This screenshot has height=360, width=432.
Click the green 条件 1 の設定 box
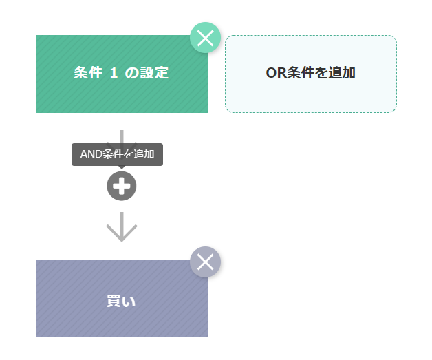[121, 74]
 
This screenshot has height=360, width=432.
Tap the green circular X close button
[205, 38]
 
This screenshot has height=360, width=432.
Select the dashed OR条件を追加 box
[310, 74]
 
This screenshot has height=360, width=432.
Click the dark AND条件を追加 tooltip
[117, 154]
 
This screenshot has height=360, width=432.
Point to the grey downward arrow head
[122, 231]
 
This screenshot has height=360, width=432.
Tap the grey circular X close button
[205, 262]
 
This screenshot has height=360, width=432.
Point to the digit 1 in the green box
[114, 73]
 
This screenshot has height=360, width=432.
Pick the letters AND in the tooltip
[91, 154]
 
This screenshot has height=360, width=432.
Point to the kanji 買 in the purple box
[114, 301]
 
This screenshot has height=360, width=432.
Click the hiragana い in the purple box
[129, 301]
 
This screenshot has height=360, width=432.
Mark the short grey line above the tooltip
[122, 136]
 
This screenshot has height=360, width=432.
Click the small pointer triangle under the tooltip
[122, 167]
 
